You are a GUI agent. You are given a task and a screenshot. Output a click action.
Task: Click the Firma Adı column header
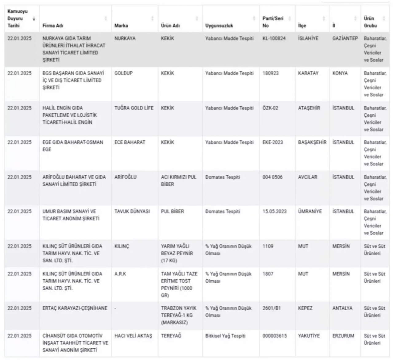[53, 26]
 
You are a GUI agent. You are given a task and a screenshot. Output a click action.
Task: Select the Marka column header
[121, 26]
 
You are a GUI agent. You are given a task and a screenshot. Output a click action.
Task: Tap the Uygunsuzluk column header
[219, 26]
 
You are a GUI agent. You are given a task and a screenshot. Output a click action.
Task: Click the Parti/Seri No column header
[273, 22]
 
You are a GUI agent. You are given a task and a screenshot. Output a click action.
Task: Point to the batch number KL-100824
[274, 39]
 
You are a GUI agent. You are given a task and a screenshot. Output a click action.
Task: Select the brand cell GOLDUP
[123, 73]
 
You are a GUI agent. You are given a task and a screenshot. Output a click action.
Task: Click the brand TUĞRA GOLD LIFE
[134, 108]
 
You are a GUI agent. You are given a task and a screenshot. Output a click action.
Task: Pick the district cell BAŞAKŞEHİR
[312, 142]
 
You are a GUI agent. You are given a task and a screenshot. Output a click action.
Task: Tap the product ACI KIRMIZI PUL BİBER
[178, 181]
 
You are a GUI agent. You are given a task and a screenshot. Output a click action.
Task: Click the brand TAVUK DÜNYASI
[132, 211]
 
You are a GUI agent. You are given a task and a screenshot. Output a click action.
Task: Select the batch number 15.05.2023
[274, 211]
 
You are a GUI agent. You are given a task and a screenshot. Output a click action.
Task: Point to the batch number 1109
[268, 246]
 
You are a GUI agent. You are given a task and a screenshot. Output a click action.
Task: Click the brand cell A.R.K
[120, 274]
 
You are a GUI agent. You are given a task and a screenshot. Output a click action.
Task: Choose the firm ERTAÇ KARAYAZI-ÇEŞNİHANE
[75, 308]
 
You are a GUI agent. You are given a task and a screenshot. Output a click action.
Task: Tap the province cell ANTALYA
[342, 308]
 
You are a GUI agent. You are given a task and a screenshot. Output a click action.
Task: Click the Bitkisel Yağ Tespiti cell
[225, 336]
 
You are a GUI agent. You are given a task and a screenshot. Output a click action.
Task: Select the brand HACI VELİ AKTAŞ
[133, 336]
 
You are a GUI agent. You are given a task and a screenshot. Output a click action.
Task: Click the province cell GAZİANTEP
[345, 39]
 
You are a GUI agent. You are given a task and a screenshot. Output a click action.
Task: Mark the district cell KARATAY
[308, 73]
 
